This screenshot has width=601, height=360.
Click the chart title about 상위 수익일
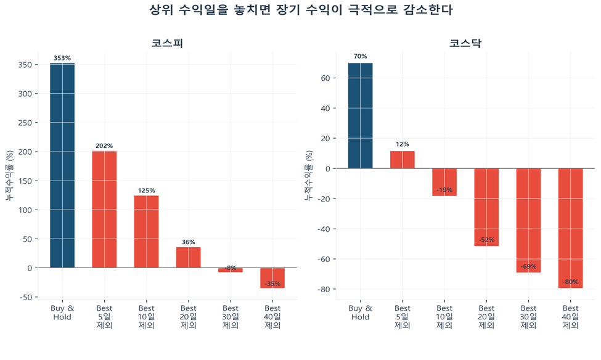tap(301, 10)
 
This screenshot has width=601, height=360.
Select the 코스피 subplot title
tap(167, 44)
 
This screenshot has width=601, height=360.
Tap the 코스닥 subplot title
tap(465, 44)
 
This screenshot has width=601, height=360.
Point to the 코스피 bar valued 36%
tap(188, 257)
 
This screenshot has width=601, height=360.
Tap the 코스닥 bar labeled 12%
tap(402, 160)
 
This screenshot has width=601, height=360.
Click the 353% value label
tap(62, 58)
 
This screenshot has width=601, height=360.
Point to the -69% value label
tap(528, 267)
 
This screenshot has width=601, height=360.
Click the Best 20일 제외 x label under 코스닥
tap(486, 317)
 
